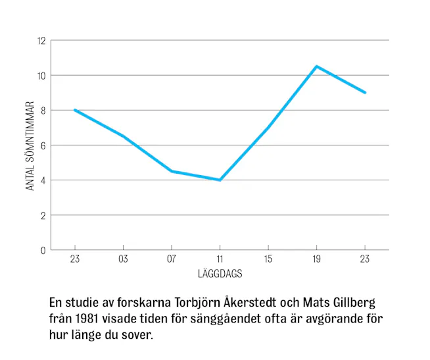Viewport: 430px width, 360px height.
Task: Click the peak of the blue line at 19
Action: (x=316, y=66)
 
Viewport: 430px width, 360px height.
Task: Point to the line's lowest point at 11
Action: (x=220, y=180)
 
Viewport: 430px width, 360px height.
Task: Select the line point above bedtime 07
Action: (x=172, y=171)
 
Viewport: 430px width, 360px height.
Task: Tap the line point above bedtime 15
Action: (x=268, y=127)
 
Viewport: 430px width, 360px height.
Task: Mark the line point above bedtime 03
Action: (x=123, y=136)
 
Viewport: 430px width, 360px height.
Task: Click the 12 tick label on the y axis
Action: (x=41, y=41)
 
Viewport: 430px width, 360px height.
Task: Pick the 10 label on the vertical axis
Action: (x=41, y=76)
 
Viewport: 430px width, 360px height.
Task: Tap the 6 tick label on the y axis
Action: (x=43, y=145)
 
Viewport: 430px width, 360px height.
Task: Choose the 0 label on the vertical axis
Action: (x=43, y=250)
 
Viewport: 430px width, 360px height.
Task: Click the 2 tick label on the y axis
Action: (x=43, y=215)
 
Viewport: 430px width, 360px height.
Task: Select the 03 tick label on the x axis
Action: (x=123, y=259)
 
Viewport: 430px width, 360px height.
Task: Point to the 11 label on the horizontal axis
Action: (x=220, y=259)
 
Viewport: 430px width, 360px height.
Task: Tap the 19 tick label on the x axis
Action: (x=316, y=259)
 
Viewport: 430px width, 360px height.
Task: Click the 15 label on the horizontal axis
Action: (x=268, y=259)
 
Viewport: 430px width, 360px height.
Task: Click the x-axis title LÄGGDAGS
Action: (x=220, y=272)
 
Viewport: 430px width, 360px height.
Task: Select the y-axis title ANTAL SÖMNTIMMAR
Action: (x=30, y=145)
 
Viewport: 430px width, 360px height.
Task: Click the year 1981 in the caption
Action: (x=87, y=319)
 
